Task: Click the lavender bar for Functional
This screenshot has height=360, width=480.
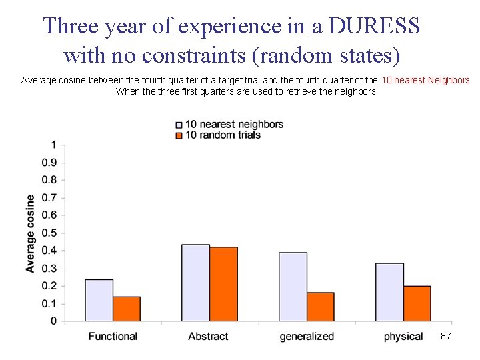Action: pyautogui.click(x=99, y=300)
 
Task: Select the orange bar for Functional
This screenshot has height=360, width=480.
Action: pyautogui.click(x=127, y=309)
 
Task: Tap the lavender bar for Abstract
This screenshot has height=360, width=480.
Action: pyautogui.click(x=195, y=283)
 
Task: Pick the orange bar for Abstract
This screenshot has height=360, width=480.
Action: pyautogui.click(x=223, y=284)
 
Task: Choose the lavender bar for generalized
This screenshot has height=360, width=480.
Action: pyautogui.click(x=293, y=287)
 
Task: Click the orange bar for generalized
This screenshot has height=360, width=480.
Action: pyautogui.click(x=321, y=307)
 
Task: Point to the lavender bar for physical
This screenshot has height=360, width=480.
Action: pyautogui.click(x=389, y=292)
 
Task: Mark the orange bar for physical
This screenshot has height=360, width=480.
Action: pyautogui.click(x=417, y=303)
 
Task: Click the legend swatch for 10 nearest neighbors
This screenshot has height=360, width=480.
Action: pyautogui.click(x=179, y=125)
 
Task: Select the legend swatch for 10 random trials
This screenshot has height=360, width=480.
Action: pyautogui.click(x=179, y=135)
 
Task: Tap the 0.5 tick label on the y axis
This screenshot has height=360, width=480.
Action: pyautogui.click(x=49, y=233)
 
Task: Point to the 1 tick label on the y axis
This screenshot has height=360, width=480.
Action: pyautogui.click(x=53, y=145)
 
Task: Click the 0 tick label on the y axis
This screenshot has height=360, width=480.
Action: pyautogui.click(x=53, y=321)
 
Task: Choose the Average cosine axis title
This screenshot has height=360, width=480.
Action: pyautogui.click(x=31, y=233)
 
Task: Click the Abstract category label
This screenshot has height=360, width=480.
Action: pyautogui.click(x=208, y=337)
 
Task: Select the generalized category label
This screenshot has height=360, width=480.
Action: pyautogui.click(x=307, y=337)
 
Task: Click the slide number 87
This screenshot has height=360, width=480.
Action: pyautogui.click(x=446, y=337)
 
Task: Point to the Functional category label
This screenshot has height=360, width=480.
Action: pyautogui.click(x=113, y=337)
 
